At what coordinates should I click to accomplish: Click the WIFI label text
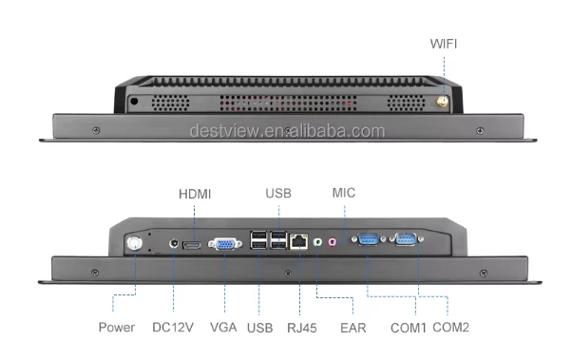tap(443, 44)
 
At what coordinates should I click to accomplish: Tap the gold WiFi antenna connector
tap(443, 102)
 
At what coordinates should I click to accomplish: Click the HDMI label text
tap(195, 194)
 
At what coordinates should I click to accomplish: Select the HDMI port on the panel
tap(192, 245)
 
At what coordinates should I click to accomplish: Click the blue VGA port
tap(225, 244)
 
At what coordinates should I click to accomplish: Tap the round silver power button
tap(134, 243)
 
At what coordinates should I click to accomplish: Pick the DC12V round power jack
tap(174, 243)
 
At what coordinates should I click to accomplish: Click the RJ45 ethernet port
tap(298, 241)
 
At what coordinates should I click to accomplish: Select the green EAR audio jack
tap(317, 241)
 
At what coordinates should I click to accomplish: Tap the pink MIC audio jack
tap(333, 241)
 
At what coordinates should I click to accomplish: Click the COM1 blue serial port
tap(369, 239)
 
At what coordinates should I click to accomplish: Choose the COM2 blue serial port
tap(406, 239)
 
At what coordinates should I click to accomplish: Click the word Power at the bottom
tap(117, 328)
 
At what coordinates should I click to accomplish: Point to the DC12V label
tap(173, 328)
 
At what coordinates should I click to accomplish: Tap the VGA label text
tap(223, 328)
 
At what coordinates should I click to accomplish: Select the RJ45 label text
tap(302, 328)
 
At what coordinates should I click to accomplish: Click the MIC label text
tap(344, 193)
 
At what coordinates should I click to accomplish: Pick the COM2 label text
tap(451, 328)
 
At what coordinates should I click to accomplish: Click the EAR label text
tap(353, 328)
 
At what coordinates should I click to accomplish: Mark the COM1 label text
tap(409, 328)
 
